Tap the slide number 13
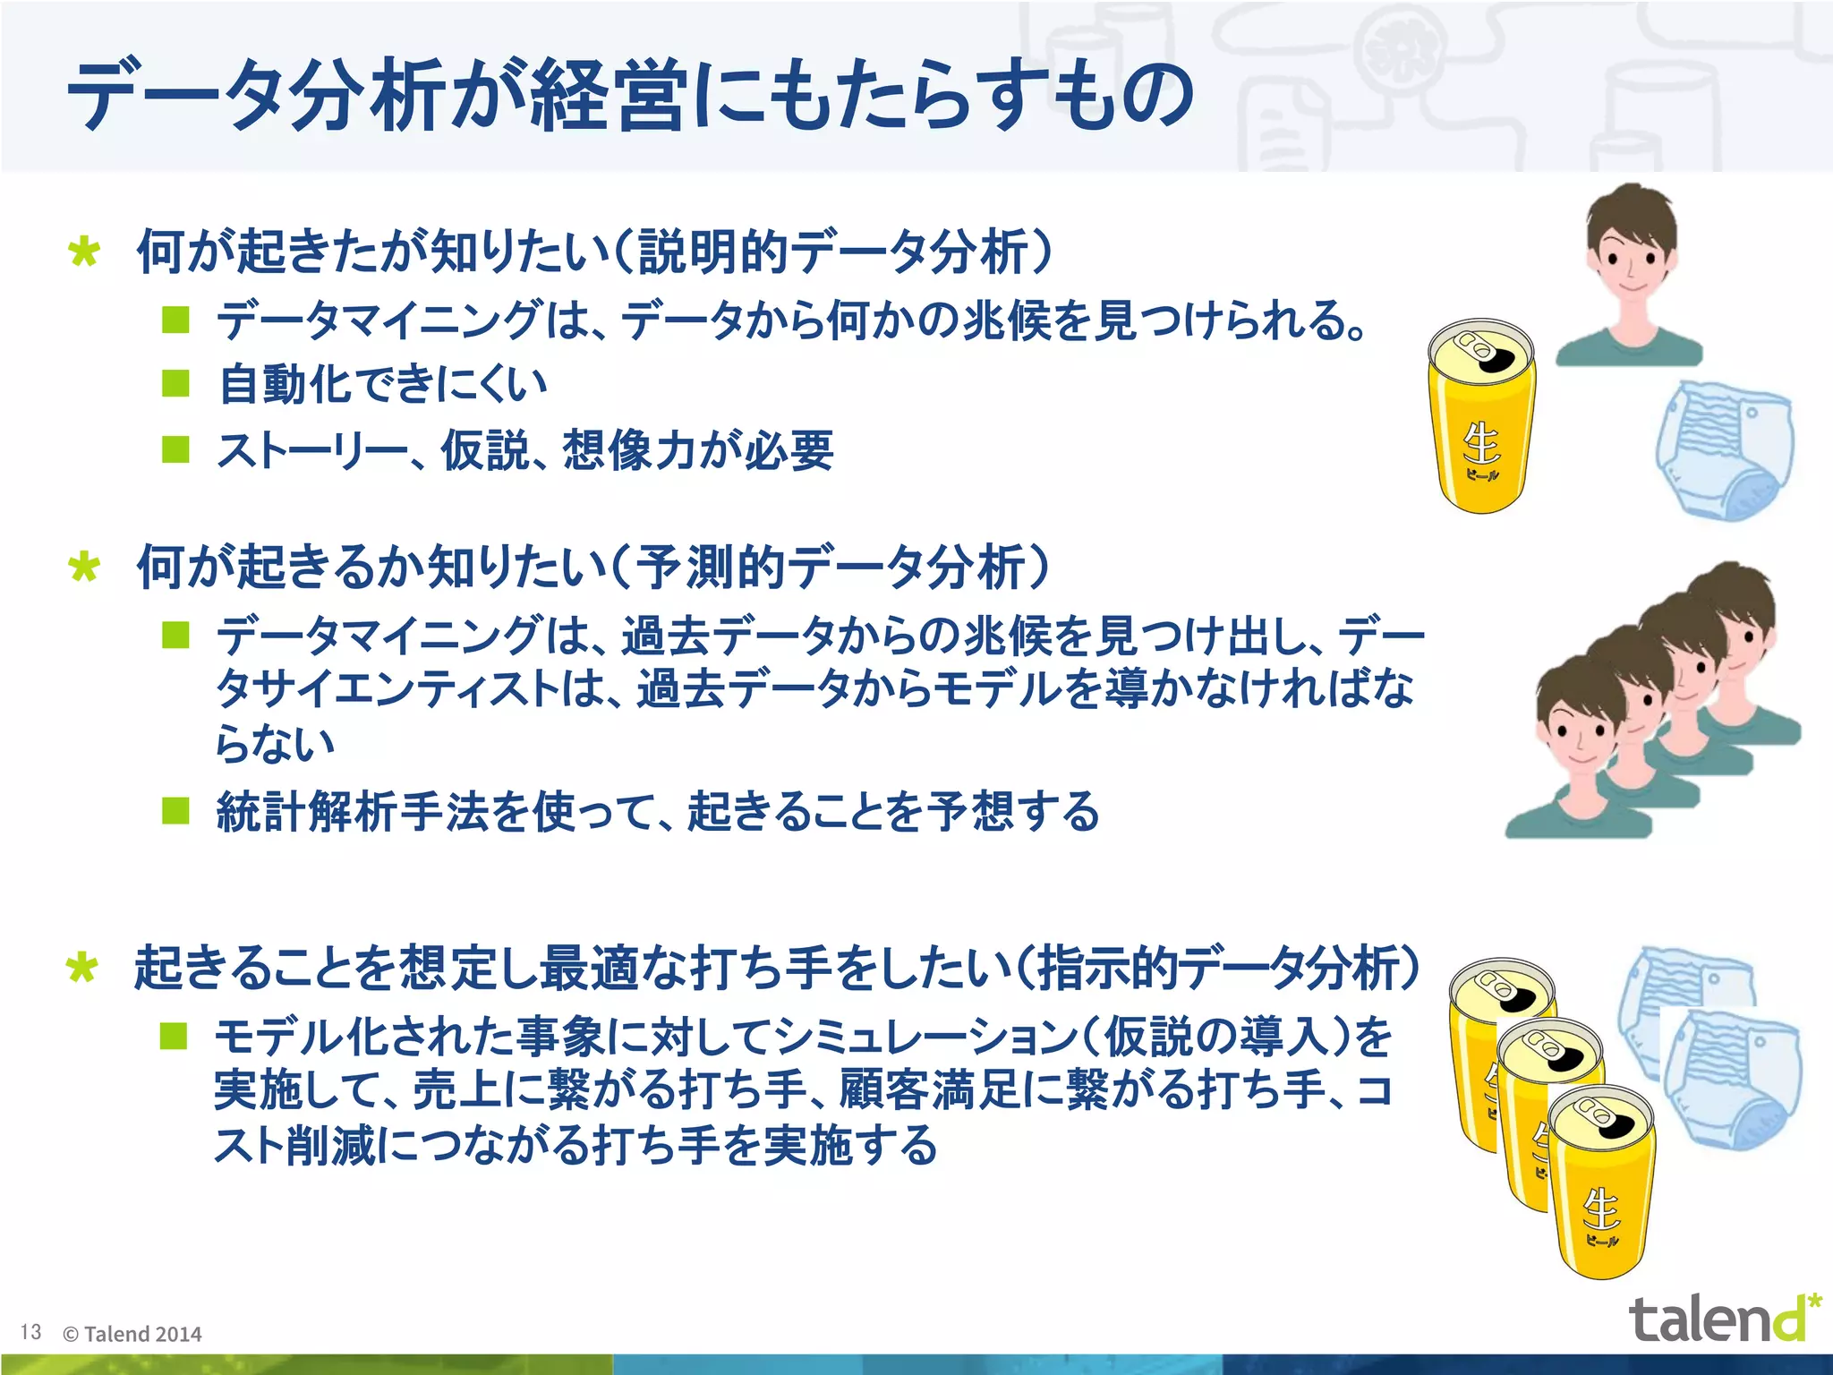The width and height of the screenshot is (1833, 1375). click(30, 1332)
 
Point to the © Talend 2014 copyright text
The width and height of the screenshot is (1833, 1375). click(132, 1334)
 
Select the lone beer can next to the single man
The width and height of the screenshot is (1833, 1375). click(1482, 417)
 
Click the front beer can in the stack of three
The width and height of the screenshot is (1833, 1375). click(1602, 1182)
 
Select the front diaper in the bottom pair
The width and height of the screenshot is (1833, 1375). click(1732, 1079)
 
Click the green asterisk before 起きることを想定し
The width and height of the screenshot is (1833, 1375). click(82, 969)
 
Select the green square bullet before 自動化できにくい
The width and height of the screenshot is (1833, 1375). click(176, 383)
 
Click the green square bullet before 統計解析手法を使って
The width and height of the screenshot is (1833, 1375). click(176, 811)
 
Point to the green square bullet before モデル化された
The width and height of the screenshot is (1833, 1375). click(174, 1037)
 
